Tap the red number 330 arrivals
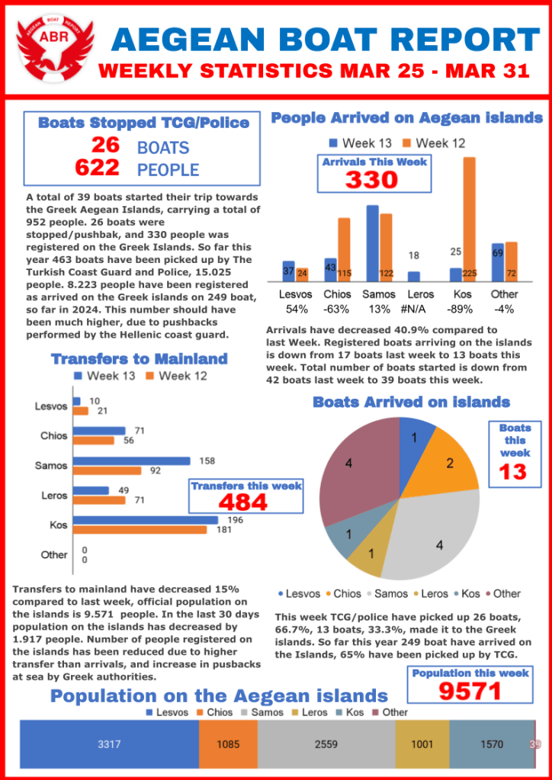point(371,180)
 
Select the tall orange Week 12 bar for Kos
point(469,218)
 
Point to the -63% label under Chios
point(335,309)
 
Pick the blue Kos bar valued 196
point(145,520)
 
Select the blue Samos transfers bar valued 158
point(131,461)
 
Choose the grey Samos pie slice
point(431,541)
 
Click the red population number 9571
point(470,691)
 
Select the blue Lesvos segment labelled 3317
point(109,744)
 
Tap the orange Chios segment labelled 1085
point(228,744)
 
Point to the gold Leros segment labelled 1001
point(422,744)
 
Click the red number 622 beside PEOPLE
point(98,168)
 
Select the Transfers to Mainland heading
point(139,358)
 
